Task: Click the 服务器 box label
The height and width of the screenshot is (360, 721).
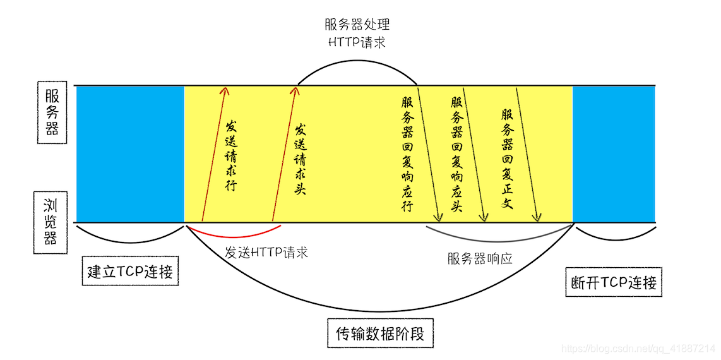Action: coord(52,112)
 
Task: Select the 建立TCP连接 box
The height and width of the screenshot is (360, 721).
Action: coord(130,272)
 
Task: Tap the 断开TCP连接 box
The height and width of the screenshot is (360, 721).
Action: coord(612,282)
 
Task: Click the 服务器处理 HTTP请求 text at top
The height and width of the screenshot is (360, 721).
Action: coord(357,33)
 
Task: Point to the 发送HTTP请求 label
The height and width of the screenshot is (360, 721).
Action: coord(266,253)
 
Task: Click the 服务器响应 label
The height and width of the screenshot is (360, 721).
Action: coord(479,258)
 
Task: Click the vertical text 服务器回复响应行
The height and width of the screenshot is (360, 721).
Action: coord(406,153)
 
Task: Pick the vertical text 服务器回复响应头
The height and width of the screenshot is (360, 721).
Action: coord(456,153)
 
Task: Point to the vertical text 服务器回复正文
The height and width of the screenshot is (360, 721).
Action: coord(507,158)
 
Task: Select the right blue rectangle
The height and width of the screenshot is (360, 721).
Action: coord(613,153)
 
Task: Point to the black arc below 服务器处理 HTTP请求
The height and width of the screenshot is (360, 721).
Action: coord(357,64)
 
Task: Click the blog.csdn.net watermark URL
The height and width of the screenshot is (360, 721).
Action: coord(638,349)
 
